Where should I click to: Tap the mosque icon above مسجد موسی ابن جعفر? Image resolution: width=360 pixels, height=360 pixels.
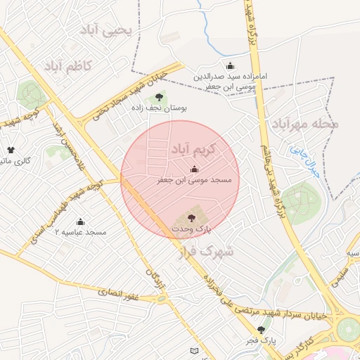(x=194, y=169)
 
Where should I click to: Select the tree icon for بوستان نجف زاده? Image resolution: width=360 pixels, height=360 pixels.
(x=159, y=97)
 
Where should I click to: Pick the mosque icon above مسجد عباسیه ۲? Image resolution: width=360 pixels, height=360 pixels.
(x=80, y=221)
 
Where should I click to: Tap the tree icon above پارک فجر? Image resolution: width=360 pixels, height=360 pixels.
(x=262, y=330)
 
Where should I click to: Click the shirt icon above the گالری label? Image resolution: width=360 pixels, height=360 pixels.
(x=11, y=150)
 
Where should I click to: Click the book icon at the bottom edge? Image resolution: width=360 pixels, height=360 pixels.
(x=195, y=349)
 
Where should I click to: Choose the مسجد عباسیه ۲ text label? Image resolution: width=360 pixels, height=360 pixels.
(x=80, y=233)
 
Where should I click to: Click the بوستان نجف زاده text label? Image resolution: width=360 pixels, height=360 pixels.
(x=159, y=108)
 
